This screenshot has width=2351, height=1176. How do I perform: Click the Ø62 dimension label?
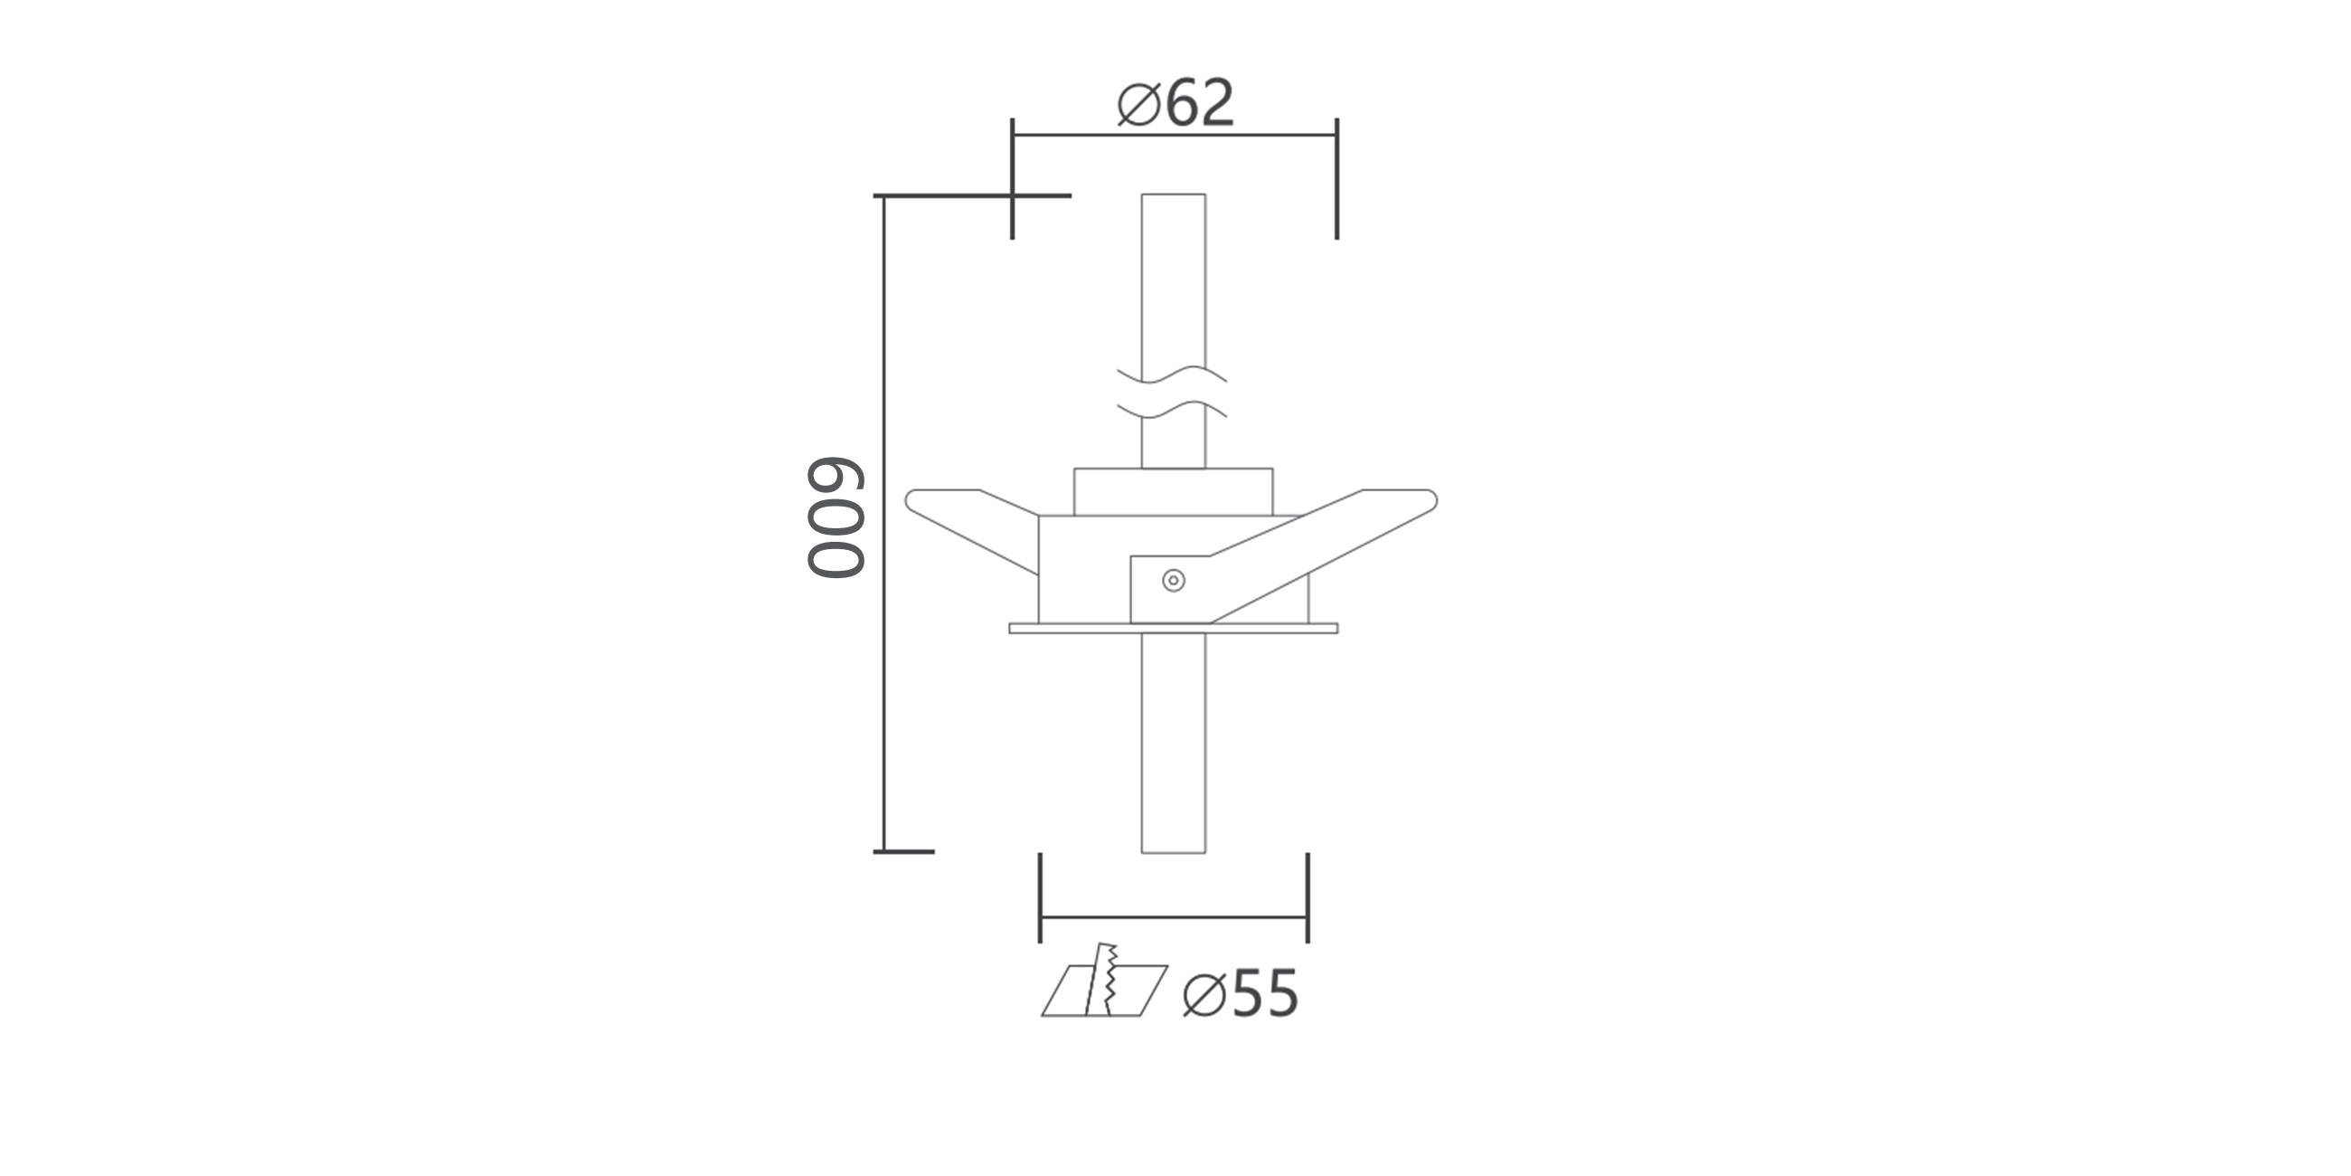coord(1175,102)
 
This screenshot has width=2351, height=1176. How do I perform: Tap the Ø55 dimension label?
coord(1241,993)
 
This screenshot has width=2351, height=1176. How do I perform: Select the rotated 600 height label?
coord(836,517)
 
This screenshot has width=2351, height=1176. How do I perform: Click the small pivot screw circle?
coord(1174,581)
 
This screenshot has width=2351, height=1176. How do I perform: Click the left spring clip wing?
coord(971,529)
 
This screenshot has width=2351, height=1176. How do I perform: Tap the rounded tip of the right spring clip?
coord(1430,500)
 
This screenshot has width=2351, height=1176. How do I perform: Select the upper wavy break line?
coord(1172,375)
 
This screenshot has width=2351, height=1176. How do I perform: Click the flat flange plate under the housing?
coord(1174,628)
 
